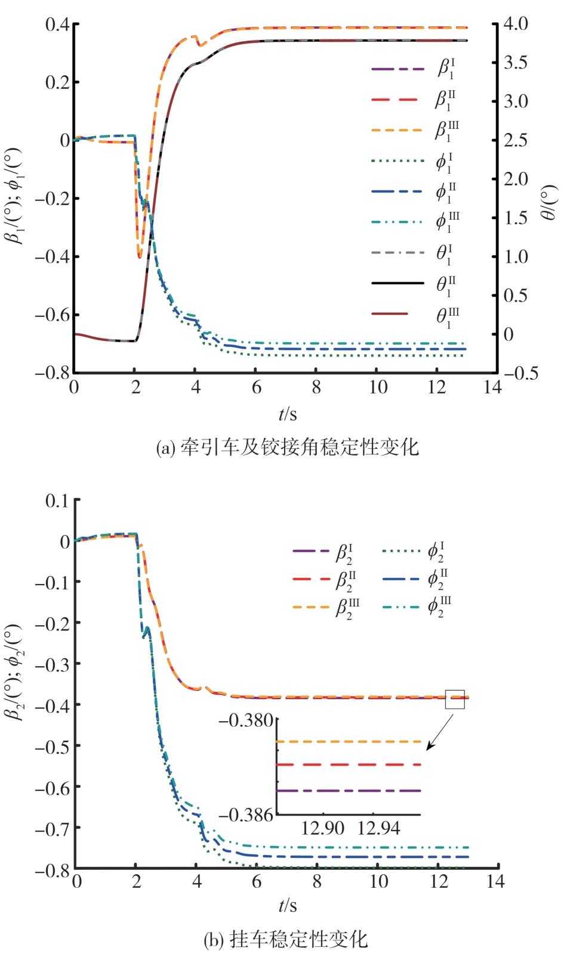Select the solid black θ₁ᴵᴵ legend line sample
[x=397, y=283]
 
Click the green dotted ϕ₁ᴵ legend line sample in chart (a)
[x=397, y=161]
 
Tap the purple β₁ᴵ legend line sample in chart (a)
[x=397, y=69]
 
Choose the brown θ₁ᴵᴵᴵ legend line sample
[x=390, y=314]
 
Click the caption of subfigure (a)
[x=287, y=448]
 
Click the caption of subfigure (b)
[x=286, y=940]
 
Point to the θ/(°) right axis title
[x=548, y=202]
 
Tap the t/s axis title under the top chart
[x=287, y=414]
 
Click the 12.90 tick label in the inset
[x=323, y=828]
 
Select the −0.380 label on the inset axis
[x=246, y=720]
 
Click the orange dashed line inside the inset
[x=349, y=742]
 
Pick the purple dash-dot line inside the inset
[x=349, y=790]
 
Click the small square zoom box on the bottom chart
[x=455, y=699]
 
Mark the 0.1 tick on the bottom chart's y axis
[x=57, y=500]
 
